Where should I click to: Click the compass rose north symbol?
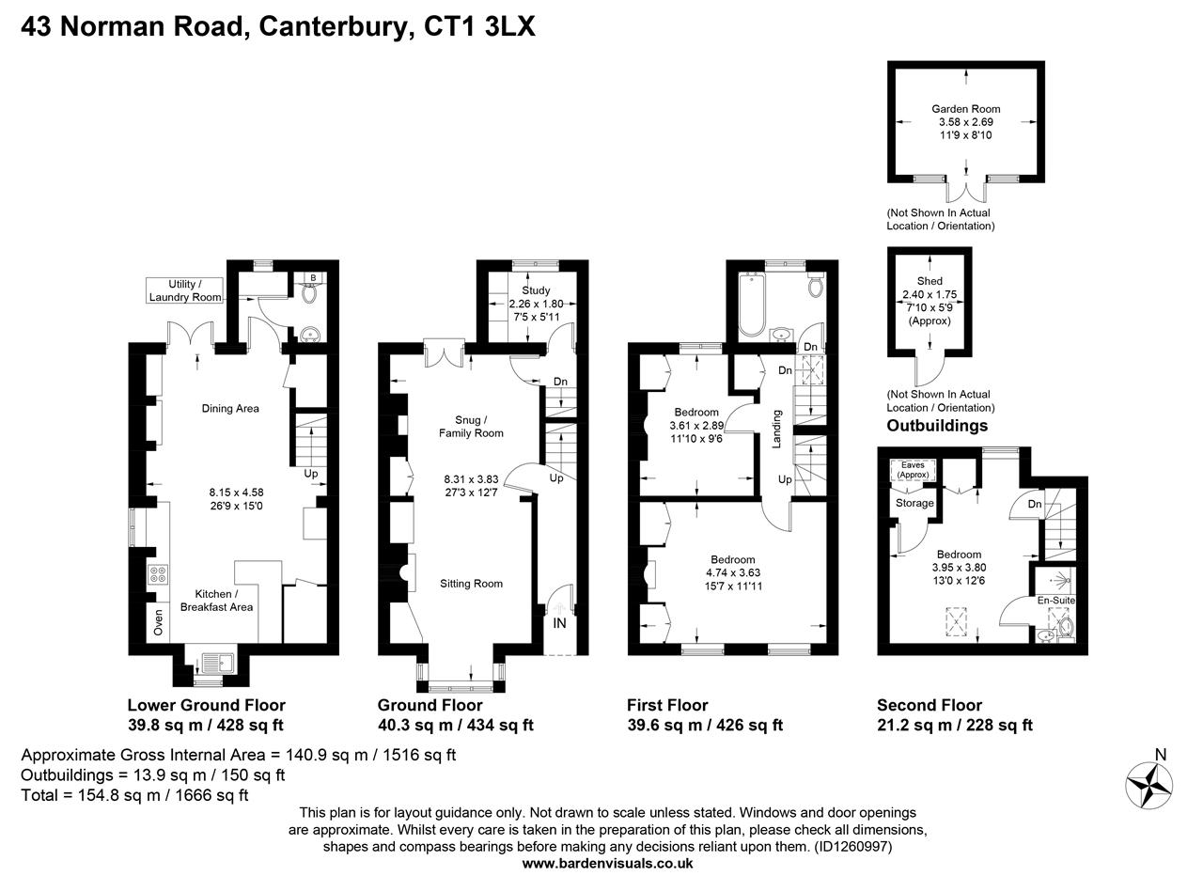tap(1149, 782)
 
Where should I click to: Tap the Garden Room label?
tap(965, 109)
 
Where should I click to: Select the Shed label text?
tap(929, 281)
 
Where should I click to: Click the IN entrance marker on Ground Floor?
tap(559, 622)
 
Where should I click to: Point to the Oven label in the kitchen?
tap(158, 621)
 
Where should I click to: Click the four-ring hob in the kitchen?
tap(158, 575)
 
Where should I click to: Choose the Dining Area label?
tap(230, 408)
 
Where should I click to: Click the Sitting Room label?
tap(471, 584)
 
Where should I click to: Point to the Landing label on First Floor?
tap(776, 429)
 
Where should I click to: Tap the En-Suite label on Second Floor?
tap(1056, 600)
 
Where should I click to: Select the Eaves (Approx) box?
tap(913, 470)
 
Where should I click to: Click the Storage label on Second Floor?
tap(914, 503)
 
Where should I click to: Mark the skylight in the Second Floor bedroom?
tap(957, 621)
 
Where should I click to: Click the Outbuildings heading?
tap(937, 426)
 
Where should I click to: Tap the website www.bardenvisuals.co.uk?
tap(607, 863)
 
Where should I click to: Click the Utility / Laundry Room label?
tap(185, 290)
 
